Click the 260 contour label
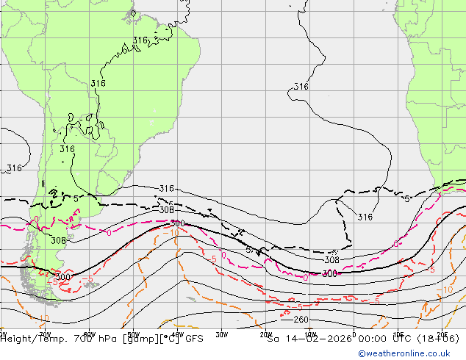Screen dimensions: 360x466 click(x=301, y=320)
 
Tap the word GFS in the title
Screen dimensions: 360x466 click(x=193, y=339)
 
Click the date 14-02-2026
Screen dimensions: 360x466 click(x=303, y=339)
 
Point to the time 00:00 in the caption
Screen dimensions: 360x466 click(x=360, y=339)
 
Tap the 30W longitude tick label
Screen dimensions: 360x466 click(x=221, y=332)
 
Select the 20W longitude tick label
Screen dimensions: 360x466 click(x=266, y=332)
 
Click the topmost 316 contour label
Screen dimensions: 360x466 click(x=140, y=40)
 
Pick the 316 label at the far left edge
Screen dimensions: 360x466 click(x=14, y=168)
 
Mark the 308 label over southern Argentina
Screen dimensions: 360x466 click(x=59, y=240)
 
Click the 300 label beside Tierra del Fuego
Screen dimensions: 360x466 click(x=64, y=277)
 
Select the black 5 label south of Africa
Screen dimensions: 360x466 click(x=407, y=199)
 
